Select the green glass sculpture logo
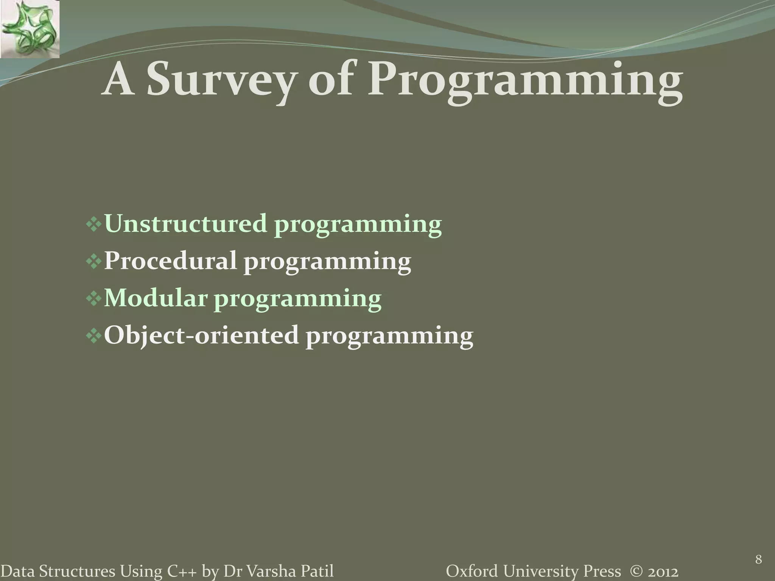[x=30, y=29]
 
